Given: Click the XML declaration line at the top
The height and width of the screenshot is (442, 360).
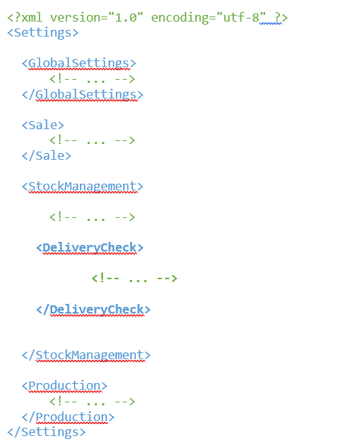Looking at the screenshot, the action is coord(147,17).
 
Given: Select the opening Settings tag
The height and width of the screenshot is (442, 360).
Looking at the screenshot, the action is coord(43,33).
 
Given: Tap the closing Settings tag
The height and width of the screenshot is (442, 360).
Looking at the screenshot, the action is coord(46,432).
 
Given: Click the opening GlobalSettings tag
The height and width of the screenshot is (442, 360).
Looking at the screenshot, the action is coord(79,63).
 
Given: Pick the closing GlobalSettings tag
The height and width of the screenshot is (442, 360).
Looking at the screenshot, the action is coord(83,94).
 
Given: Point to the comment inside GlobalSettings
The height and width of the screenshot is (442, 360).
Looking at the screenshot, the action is coord(92,78).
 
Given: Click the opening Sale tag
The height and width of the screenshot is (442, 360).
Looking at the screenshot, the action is coord(43,125).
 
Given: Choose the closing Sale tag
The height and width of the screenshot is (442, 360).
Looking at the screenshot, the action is coord(46,155).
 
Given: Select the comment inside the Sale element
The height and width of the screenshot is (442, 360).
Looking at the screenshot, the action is coord(92,140).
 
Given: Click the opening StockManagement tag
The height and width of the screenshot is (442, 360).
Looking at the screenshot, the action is coord(83,187).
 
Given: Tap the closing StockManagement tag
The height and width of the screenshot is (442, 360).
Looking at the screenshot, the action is coord(86,355).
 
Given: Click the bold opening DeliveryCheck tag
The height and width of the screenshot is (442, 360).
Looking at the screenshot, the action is coord(90,248).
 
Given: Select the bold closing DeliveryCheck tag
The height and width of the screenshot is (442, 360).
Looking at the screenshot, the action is coord(93,310).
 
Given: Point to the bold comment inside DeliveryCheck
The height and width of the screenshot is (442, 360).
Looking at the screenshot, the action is coord(134,278).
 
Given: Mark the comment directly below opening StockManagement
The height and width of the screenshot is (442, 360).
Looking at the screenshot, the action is coord(92,217).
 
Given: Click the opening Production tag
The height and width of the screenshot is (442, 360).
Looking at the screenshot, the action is coord(64,385).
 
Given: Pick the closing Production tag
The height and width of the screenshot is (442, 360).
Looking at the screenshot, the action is coord(68,417).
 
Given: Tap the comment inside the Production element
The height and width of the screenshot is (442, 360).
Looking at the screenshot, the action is coord(92,402).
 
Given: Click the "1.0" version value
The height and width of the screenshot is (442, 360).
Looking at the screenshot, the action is coord(125,17).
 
